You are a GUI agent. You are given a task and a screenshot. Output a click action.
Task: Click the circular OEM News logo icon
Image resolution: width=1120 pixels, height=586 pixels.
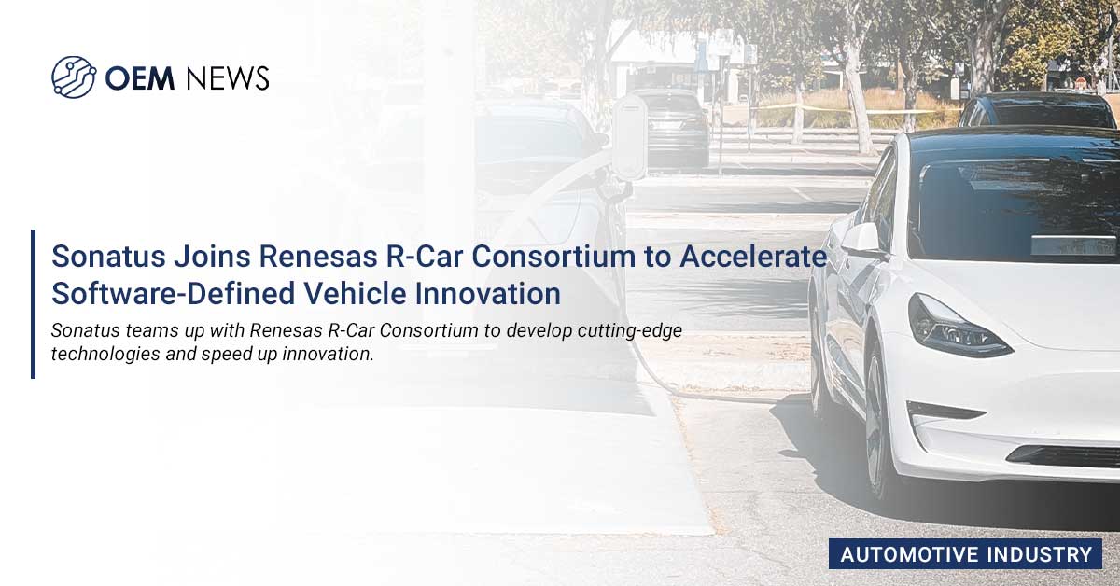click(x=74, y=77)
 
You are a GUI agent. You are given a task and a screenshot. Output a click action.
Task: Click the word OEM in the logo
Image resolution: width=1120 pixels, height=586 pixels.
click(x=139, y=78)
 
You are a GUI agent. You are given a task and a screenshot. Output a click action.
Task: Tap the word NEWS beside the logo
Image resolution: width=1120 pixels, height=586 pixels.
click(x=228, y=78)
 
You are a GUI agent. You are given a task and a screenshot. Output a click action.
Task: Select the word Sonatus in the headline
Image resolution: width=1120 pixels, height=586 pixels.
click(x=108, y=256)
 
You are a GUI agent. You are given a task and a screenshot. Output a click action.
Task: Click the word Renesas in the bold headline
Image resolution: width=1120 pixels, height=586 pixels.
click(x=318, y=256)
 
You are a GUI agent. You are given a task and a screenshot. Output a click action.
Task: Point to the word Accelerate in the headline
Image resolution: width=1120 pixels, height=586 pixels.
click(x=753, y=256)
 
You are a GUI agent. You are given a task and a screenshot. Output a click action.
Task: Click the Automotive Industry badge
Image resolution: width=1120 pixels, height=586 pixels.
click(x=965, y=554)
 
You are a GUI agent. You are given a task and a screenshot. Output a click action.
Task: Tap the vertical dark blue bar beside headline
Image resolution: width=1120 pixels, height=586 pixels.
click(x=33, y=304)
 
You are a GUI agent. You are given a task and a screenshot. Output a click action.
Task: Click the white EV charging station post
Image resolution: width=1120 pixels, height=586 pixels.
click(x=629, y=137)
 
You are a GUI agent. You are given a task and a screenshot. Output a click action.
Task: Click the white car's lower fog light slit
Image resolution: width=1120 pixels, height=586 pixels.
click(x=945, y=411)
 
